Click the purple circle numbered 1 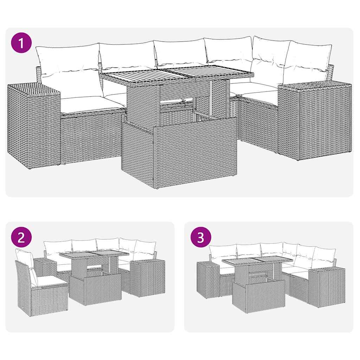pyautogui.click(x=21, y=44)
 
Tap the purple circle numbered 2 pyautogui.click(x=21, y=238)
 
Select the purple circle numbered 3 pyautogui.click(x=200, y=238)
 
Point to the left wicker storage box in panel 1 pyautogui.click(x=33, y=123)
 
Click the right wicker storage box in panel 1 pyautogui.click(x=315, y=120)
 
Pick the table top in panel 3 pyautogui.click(x=257, y=261)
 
